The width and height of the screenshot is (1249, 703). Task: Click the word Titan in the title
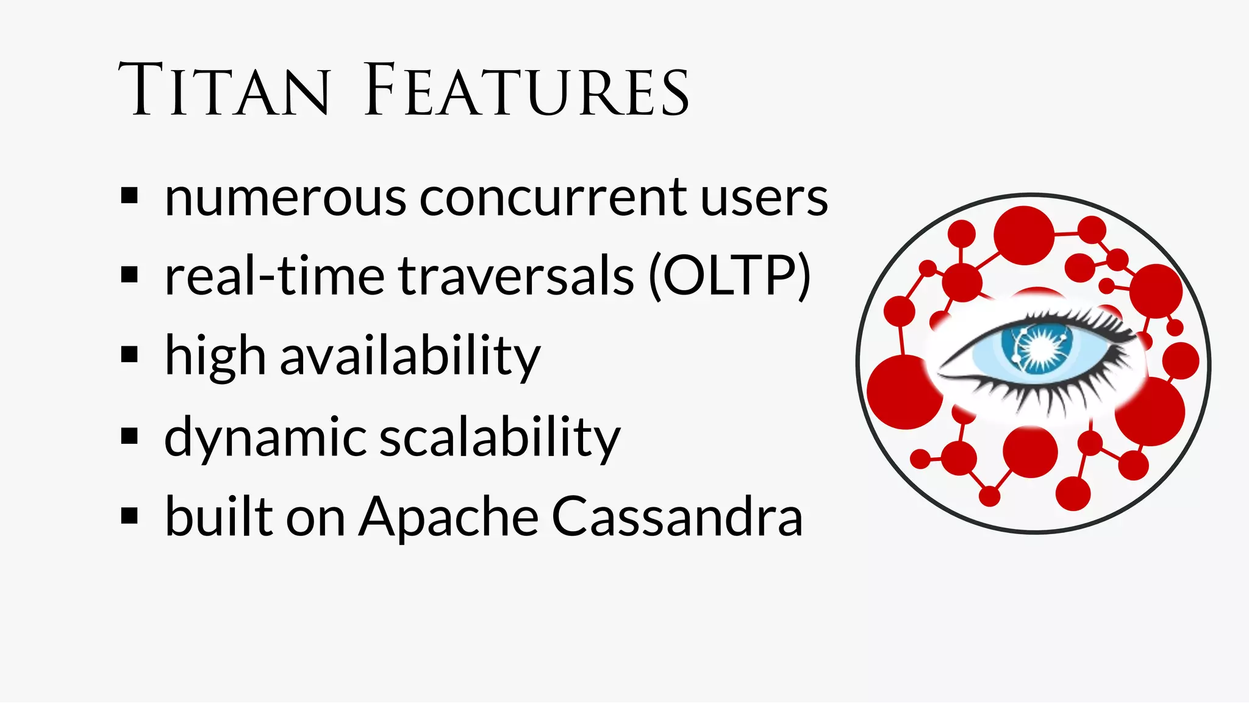click(224, 90)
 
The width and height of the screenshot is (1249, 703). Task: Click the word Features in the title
click(527, 90)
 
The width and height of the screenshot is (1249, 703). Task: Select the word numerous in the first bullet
click(285, 199)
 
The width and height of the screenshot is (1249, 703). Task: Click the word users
click(764, 199)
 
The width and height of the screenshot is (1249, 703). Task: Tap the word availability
click(410, 356)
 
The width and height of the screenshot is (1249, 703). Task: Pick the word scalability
click(499, 437)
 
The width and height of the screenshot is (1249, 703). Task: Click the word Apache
click(448, 517)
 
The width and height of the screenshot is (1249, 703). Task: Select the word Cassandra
click(677, 517)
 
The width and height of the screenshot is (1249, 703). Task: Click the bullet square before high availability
click(129, 354)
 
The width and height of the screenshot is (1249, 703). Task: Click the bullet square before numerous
click(129, 196)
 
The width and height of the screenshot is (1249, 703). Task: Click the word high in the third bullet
click(215, 356)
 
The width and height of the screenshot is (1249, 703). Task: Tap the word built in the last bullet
click(219, 517)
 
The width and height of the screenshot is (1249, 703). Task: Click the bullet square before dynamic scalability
click(129, 435)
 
